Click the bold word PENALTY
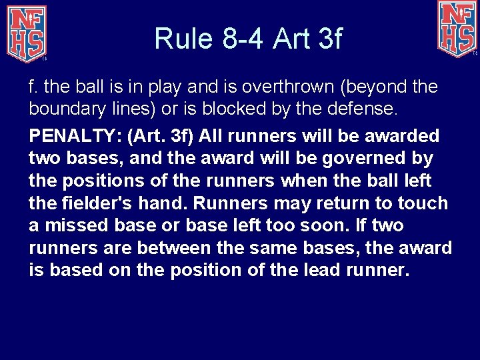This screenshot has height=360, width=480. (71, 137)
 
